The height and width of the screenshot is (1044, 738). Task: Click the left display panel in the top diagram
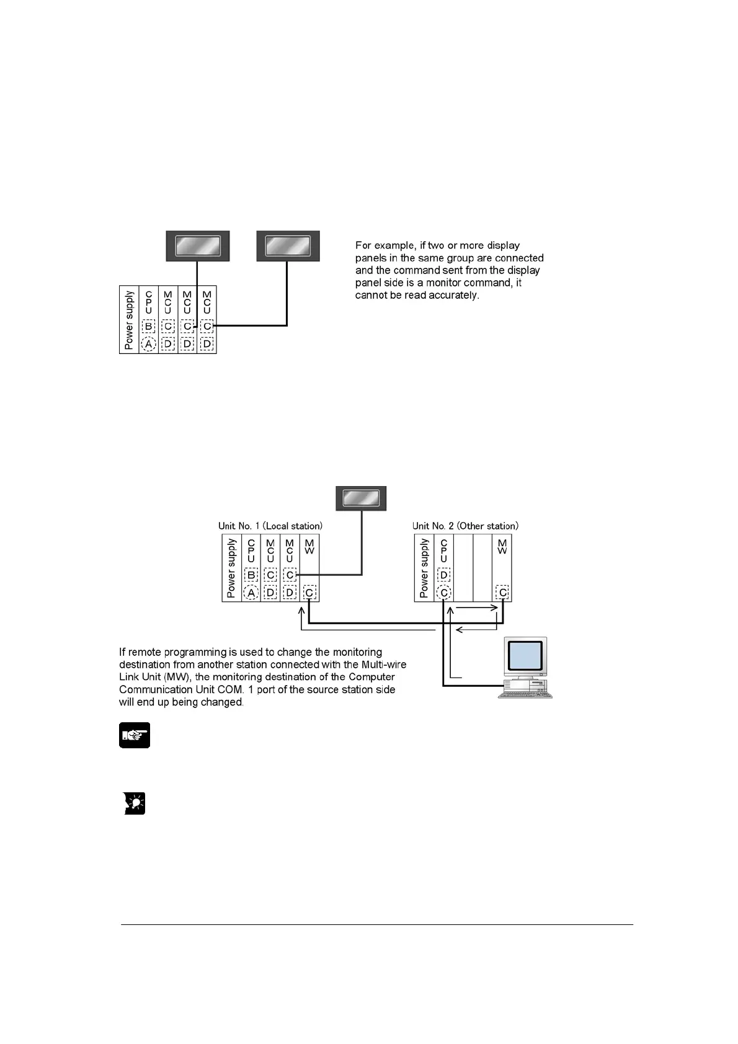pos(198,246)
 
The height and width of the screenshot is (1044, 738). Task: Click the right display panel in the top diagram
pos(288,246)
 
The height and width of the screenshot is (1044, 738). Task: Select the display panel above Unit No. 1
pos(361,498)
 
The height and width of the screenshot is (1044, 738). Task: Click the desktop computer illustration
pos(525,667)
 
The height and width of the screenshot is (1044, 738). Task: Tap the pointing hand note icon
pos(135,735)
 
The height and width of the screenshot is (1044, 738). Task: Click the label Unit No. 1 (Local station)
pos(270,526)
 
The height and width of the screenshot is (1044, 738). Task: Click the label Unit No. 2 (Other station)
pos(465,526)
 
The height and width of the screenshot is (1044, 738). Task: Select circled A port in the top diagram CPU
pos(148,344)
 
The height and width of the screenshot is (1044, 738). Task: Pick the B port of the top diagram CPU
pos(148,326)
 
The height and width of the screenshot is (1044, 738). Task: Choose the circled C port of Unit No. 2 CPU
pos(443,593)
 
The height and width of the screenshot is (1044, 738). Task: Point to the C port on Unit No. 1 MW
pos(309,593)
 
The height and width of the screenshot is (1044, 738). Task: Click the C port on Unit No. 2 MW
pos(502,593)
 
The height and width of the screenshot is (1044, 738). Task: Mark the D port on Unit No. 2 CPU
pos(443,575)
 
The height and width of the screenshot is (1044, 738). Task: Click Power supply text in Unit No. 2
pos(424,568)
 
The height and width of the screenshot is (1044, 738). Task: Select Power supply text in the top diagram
pos(129,320)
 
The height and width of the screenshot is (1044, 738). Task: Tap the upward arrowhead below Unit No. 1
pos(301,611)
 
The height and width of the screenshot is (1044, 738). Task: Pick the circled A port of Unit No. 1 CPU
pos(251,593)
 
